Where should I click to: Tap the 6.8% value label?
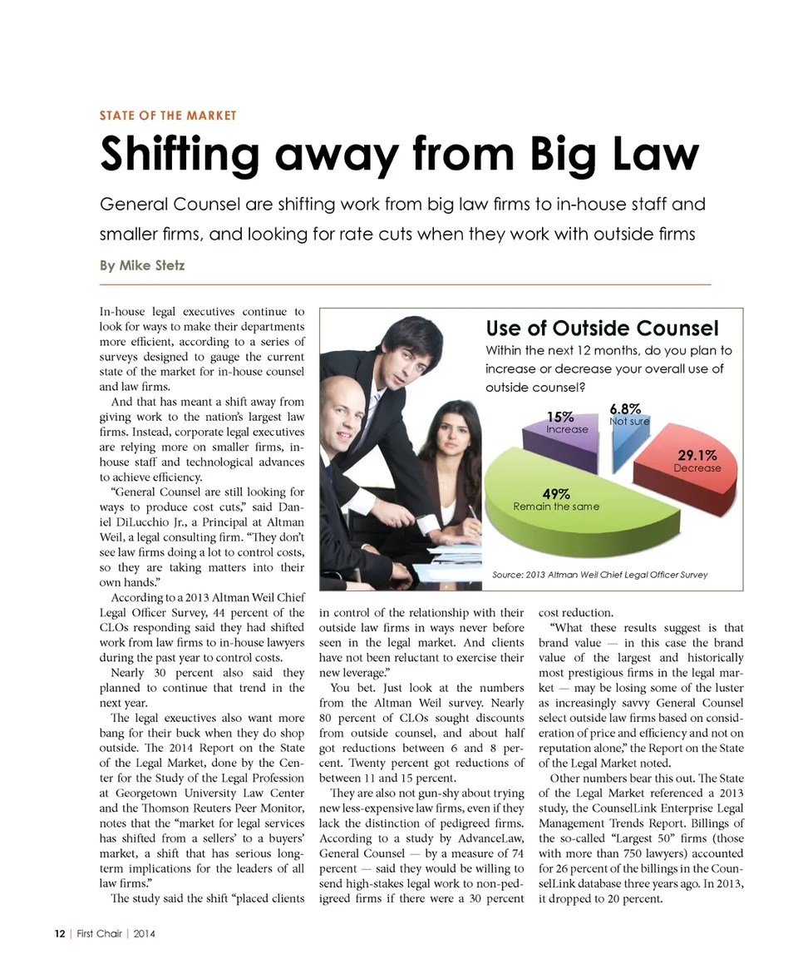pyautogui.click(x=625, y=408)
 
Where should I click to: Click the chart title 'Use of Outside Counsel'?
pyautogui.click(x=602, y=329)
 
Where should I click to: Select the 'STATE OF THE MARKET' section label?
pyautogui.click(x=168, y=116)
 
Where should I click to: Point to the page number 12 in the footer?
pyautogui.click(x=60, y=933)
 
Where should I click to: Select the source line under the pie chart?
pyautogui.click(x=600, y=575)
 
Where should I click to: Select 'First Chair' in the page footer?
pyautogui.click(x=97, y=933)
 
